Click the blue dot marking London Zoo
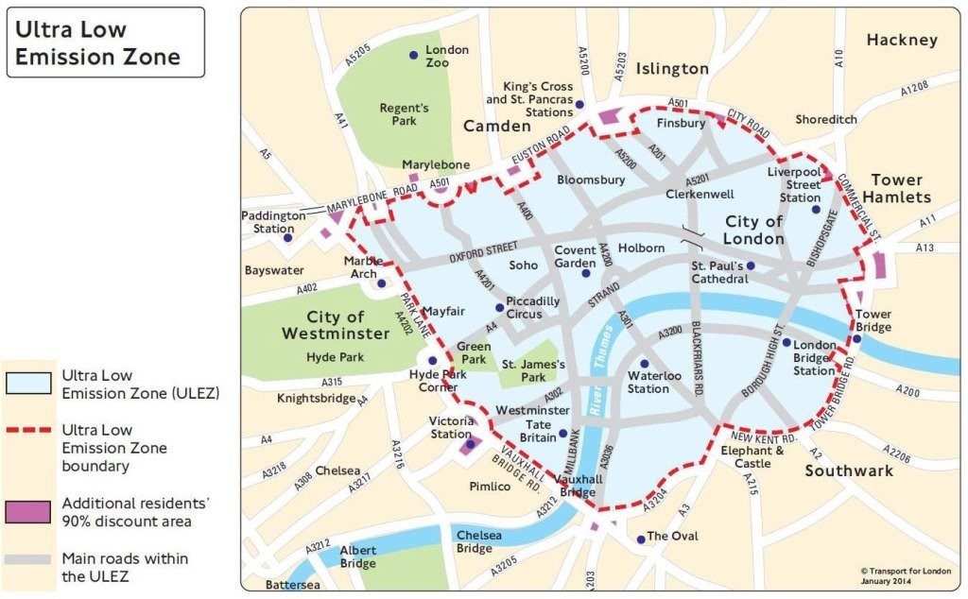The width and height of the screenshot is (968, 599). click(x=413, y=56)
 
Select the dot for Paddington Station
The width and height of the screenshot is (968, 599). click(x=288, y=237)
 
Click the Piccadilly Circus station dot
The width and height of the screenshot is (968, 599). click(x=499, y=307)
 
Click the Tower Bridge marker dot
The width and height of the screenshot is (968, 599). click(x=856, y=338)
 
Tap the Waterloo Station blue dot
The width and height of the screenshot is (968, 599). click(x=645, y=364)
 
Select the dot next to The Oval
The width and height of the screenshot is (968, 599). click(x=641, y=539)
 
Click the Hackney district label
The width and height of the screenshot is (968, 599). click(x=902, y=40)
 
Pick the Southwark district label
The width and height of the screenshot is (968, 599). click(x=849, y=471)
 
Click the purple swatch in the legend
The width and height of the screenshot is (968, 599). click(x=26, y=510)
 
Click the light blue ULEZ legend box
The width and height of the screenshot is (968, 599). click(x=26, y=383)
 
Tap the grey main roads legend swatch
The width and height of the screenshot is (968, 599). click(x=26, y=558)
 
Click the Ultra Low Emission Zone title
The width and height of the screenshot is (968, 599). click(x=97, y=43)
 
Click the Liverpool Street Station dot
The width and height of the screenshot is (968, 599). click(x=816, y=209)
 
